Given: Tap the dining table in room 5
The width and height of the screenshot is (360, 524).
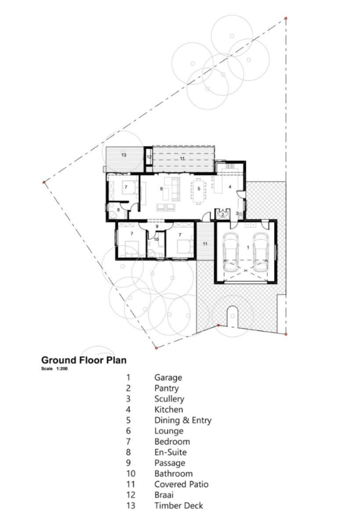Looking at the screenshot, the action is click(x=199, y=189).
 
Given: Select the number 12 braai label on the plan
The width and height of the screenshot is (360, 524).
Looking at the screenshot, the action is click(x=150, y=157).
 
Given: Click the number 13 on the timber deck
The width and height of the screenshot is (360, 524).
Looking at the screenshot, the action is click(x=124, y=155).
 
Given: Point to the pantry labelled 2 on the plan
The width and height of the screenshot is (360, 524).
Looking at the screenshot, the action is click(x=223, y=214).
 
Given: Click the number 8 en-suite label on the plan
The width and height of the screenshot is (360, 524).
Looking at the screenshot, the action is click(x=118, y=210).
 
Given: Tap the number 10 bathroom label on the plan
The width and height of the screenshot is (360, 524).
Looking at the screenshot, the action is click(x=156, y=239).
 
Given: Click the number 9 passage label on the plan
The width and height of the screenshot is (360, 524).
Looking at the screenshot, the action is click(x=157, y=226).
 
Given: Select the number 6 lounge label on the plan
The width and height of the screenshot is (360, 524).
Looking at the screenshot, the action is click(x=162, y=189).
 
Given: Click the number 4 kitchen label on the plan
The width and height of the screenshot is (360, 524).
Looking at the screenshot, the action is click(x=230, y=187).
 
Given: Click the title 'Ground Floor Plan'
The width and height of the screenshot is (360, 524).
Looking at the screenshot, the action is click(x=84, y=360).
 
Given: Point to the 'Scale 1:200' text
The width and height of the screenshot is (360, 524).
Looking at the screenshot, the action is click(x=54, y=369).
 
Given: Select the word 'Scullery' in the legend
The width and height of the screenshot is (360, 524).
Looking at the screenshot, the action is click(x=170, y=399).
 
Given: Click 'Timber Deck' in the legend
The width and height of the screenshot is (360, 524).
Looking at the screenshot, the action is click(x=179, y=506).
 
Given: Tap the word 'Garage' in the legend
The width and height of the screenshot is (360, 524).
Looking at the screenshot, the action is click(x=168, y=378).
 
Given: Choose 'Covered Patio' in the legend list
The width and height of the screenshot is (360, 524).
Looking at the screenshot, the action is click(x=181, y=484).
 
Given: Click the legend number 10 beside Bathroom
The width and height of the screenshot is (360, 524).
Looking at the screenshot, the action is click(x=131, y=473).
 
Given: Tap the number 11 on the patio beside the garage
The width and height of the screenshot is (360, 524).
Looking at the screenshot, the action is click(x=205, y=244).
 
